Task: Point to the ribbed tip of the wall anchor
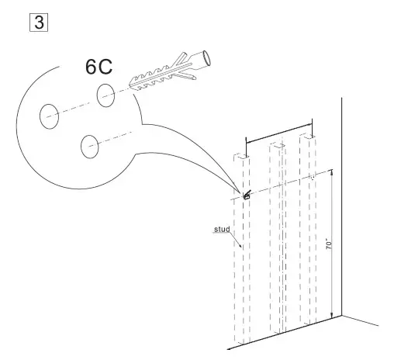click(x=133, y=81)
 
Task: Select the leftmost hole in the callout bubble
click(x=50, y=116)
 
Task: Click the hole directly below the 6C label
click(x=106, y=95)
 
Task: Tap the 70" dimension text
click(x=329, y=242)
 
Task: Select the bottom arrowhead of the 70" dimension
click(x=334, y=313)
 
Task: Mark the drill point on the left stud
click(x=247, y=196)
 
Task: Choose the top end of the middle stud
click(x=277, y=145)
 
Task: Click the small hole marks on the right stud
click(x=312, y=177)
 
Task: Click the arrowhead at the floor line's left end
click(x=236, y=348)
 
